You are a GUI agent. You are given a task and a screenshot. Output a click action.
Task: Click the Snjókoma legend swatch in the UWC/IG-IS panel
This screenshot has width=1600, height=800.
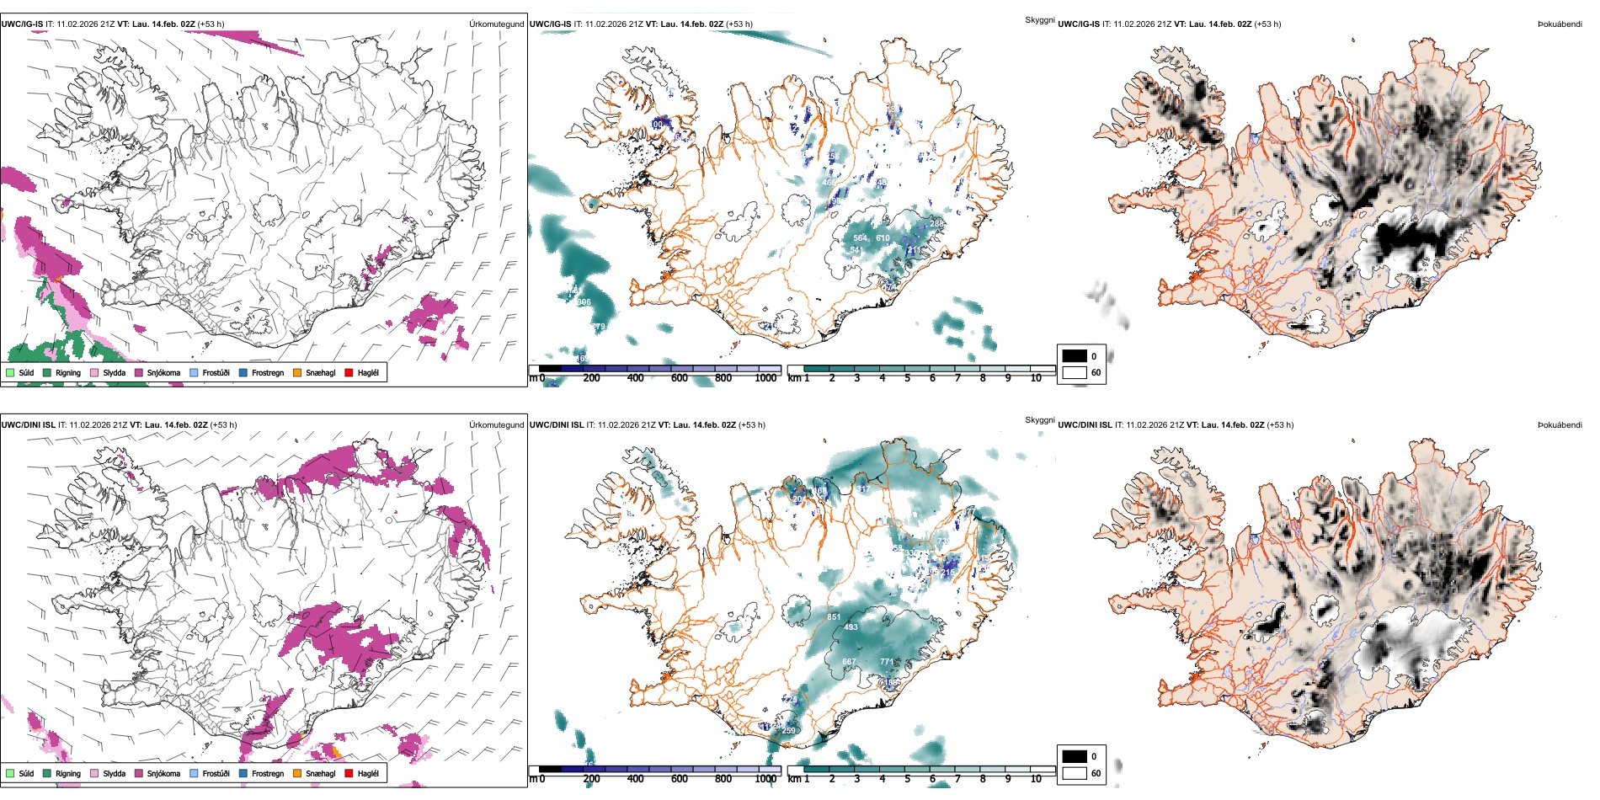(139, 372)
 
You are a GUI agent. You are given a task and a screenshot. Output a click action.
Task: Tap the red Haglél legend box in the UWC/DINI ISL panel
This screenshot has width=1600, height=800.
(349, 773)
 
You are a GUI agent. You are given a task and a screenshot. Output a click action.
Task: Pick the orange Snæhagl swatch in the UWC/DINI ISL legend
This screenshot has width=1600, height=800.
(297, 773)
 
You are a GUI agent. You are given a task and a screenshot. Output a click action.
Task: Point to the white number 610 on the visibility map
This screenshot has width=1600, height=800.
(883, 238)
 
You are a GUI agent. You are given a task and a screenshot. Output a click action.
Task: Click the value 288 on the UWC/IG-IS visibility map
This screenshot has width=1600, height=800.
(936, 224)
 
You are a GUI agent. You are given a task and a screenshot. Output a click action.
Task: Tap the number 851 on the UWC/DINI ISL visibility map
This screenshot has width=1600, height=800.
(834, 617)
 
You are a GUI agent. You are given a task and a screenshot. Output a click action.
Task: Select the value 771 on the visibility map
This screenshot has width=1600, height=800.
(887, 662)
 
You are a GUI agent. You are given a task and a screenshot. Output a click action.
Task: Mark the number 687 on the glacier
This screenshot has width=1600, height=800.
(849, 662)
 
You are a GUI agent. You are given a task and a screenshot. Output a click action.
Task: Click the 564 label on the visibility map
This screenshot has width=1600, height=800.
(860, 238)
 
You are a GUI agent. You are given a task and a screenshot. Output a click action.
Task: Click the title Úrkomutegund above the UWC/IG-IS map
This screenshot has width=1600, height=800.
(496, 24)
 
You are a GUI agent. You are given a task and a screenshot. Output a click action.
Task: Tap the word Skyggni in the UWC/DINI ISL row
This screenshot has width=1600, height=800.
(1039, 419)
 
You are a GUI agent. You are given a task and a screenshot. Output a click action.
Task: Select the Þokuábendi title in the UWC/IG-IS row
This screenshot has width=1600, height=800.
(1560, 24)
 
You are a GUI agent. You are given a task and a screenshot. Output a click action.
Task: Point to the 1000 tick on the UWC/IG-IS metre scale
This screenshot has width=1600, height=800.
(765, 378)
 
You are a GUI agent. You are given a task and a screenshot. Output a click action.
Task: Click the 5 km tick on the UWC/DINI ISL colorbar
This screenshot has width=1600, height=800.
(907, 779)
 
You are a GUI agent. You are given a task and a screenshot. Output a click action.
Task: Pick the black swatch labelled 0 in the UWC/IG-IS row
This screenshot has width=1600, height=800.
(1075, 356)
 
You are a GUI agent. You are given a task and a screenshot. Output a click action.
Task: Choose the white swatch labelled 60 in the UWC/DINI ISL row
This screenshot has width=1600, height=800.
(1075, 773)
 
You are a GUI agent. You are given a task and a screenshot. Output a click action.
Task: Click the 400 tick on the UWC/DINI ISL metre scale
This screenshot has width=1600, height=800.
(635, 779)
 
